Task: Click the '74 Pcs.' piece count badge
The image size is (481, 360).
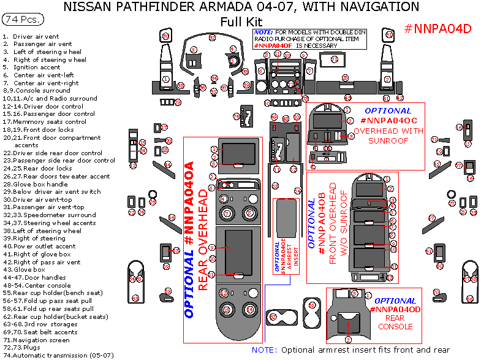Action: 23,20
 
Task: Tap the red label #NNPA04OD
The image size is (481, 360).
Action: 395,310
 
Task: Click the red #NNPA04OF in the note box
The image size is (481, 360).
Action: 274,45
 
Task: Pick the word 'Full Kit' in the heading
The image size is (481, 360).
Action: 241,21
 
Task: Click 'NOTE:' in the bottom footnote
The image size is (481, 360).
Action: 264,350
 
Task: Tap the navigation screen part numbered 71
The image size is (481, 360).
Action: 334,59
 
